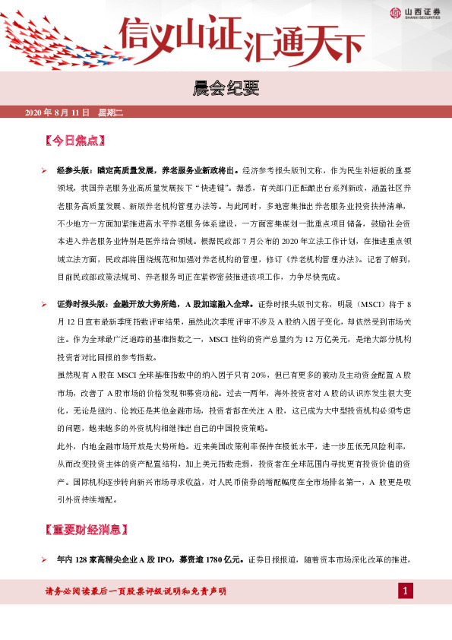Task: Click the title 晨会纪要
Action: pos(226,90)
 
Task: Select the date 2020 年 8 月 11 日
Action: pos(58,112)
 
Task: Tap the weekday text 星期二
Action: pos(110,112)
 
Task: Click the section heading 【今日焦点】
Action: pos(75,141)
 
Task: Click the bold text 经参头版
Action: pos(74,171)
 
